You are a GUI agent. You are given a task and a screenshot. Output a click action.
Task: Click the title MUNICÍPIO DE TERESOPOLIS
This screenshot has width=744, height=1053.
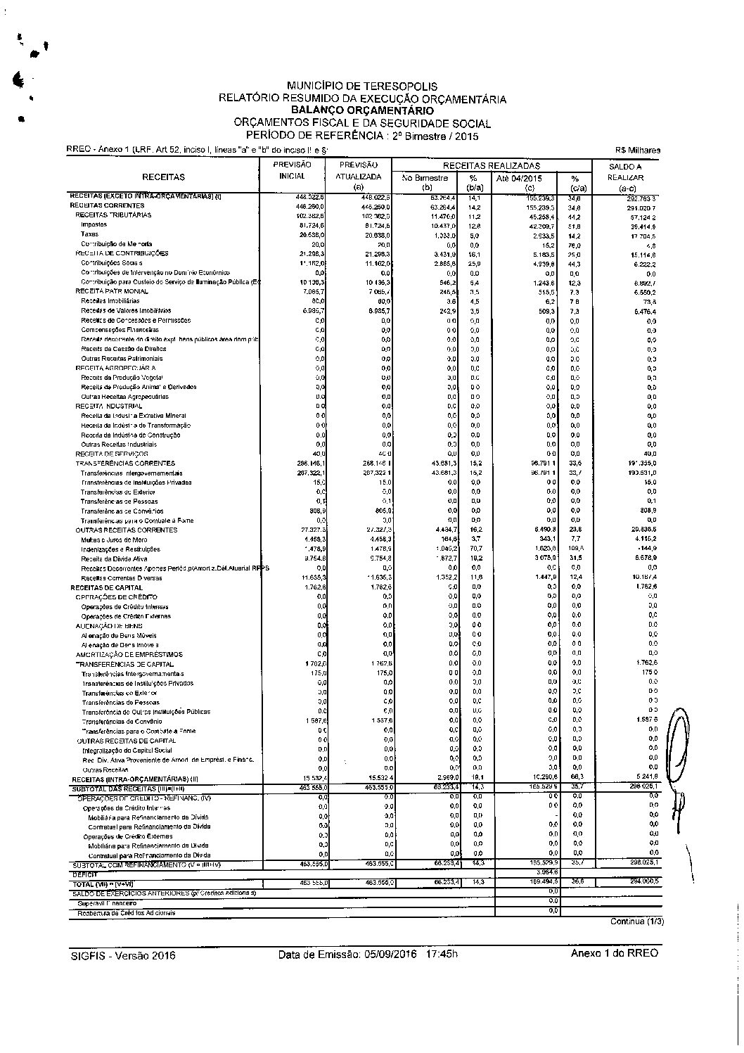[x=362, y=87]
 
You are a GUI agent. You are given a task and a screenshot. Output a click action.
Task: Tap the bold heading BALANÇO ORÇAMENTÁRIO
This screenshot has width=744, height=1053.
[x=362, y=110]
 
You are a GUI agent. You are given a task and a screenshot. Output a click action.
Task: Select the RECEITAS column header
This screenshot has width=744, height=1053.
[x=163, y=178]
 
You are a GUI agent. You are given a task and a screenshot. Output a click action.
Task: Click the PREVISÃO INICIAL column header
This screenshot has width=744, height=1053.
[x=293, y=170]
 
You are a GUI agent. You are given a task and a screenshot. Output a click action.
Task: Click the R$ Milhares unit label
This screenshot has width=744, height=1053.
[x=637, y=150]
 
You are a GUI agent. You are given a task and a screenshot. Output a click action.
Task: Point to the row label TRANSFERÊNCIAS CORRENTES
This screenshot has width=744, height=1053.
[x=125, y=464]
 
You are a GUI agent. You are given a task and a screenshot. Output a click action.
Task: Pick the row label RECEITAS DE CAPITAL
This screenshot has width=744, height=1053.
[x=106, y=587]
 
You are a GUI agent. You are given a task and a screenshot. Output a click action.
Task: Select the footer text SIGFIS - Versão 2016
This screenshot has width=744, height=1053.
[x=123, y=955]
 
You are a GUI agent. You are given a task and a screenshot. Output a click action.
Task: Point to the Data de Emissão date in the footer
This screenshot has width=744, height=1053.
[x=368, y=955]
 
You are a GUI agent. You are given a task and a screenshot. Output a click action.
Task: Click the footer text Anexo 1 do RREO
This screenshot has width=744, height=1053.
[x=615, y=953]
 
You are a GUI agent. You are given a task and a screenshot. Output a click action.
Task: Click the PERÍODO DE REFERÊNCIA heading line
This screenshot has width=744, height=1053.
[x=362, y=135]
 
